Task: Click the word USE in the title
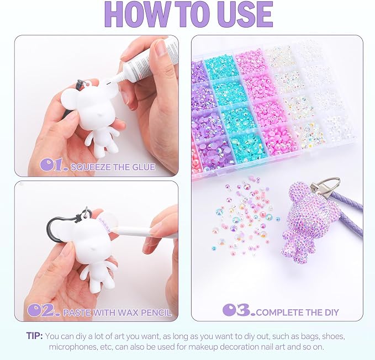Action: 246,14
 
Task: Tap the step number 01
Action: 54,165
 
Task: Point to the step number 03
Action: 239,310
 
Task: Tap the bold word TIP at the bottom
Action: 34,336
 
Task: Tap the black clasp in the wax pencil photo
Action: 61,226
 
